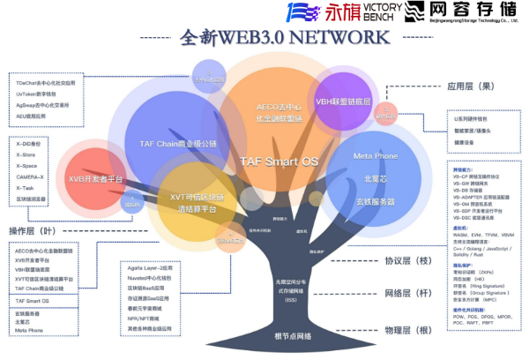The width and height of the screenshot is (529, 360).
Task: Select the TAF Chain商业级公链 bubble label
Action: pos(177,143)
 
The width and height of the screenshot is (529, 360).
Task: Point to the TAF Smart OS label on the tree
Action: pos(279,161)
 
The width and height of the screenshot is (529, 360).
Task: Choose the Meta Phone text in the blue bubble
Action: pos(376,155)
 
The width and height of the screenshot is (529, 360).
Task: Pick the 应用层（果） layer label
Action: pos(481,86)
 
